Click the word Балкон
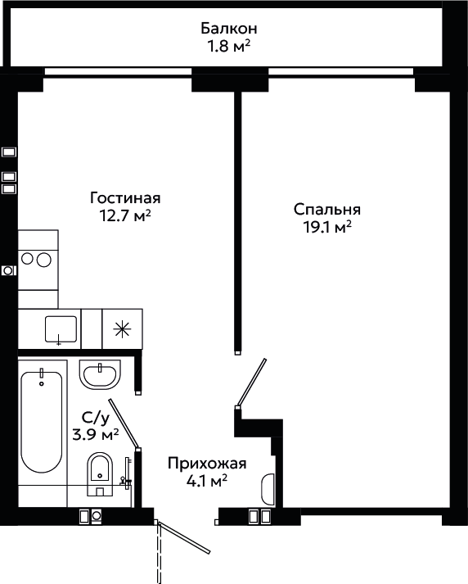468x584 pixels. click(229, 29)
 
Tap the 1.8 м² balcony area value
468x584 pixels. click(228, 47)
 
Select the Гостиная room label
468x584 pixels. click(125, 197)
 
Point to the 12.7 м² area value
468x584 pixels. click(125, 215)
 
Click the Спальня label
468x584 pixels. click(327, 210)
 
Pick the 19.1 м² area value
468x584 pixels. click(328, 227)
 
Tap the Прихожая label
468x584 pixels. click(207, 464)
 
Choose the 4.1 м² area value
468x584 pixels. click(207, 481)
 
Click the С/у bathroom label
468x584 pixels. click(96, 419)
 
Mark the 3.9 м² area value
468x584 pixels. click(96, 434)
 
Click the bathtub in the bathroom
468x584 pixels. click(41, 422)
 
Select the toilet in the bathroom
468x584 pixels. click(100, 474)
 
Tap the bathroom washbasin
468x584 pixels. click(100, 374)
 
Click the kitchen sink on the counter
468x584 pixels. click(61, 329)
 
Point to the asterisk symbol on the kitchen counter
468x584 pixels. click(123, 329)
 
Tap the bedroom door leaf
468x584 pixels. click(251, 382)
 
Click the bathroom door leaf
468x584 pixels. click(124, 423)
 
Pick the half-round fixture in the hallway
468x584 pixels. click(268, 489)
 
